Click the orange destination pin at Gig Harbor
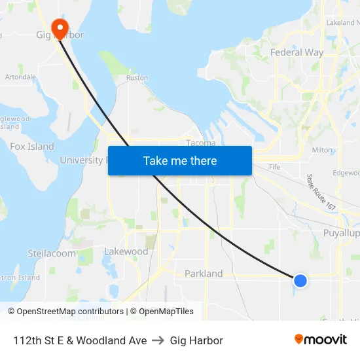(60, 27)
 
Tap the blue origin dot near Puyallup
(300, 281)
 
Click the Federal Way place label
(297, 52)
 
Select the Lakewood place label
(126, 251)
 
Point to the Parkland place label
(204, 274)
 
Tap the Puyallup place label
(341, 233)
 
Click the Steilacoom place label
(52, 253)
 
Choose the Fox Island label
(32, 147)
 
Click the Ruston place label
(137, 78)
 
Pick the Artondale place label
(20, 77)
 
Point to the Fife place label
(274, 167)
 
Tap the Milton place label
(322, 150)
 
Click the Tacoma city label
(200, 143)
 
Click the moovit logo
(321, 340)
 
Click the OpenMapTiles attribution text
(164, 312)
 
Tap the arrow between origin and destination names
(158, 340)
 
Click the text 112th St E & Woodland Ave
(80, 340)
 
